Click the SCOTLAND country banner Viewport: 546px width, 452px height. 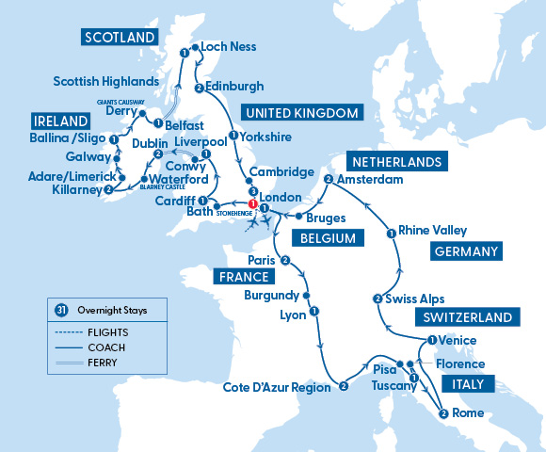click(x=120, y=38)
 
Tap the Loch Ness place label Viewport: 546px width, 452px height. click(x=229, y=46)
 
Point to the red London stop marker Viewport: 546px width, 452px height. click(x=252, y=204)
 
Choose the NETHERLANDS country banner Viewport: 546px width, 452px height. click(x=395, y=161)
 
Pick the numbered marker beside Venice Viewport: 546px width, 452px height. click(x=431, y=341)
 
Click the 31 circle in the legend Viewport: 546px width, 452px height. click(x=60, y=309)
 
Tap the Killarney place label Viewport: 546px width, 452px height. click(x=72, y=189)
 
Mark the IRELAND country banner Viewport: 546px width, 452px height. click(x=61, y=121)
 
